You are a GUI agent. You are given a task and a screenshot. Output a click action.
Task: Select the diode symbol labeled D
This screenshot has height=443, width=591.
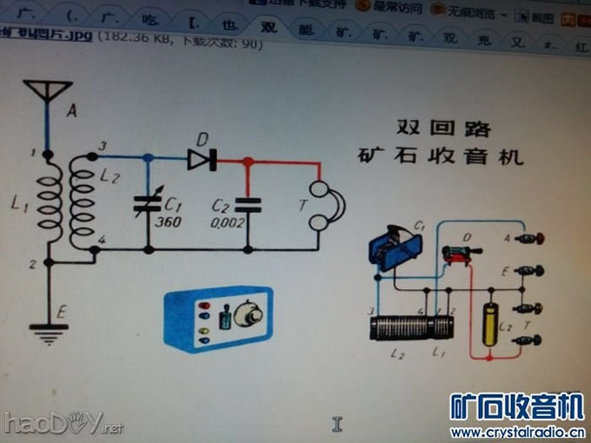(x=201, y=159)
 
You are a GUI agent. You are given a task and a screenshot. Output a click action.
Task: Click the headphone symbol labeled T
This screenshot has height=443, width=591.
(x=322, y=206)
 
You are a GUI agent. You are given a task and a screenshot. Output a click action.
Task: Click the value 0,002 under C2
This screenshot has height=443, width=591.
(x=227, y=223)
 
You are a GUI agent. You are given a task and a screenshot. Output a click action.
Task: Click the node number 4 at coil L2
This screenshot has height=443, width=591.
(x=103, y=239)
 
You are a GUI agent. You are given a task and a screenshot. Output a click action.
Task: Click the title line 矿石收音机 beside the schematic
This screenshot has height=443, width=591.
(x=441, y=157)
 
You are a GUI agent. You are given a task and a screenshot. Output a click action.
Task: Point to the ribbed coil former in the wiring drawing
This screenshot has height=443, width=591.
(x=410, y=327)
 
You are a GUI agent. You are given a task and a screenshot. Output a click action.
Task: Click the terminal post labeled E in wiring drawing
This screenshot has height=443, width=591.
(x=530, y=271)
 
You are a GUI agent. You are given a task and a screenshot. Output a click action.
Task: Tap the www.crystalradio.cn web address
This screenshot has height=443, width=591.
(x=516, y=432)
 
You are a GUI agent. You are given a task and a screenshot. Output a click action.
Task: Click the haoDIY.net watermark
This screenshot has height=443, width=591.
(x=63, y=423)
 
